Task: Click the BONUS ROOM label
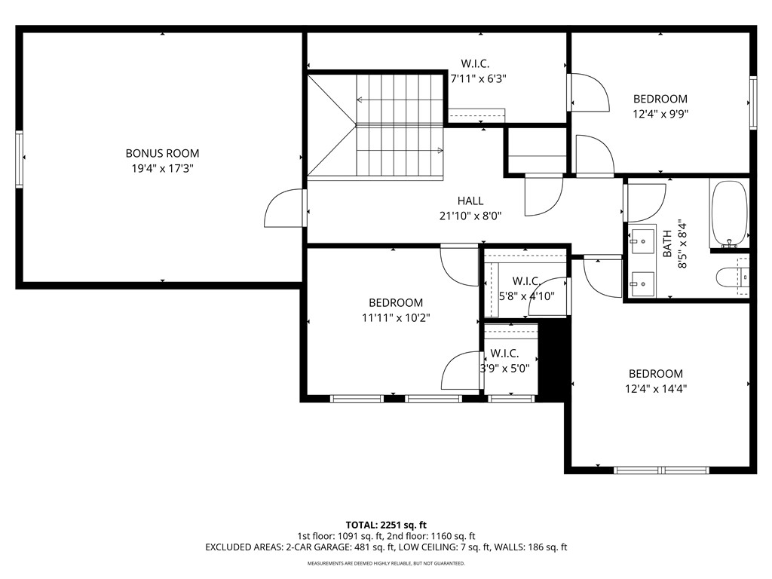coord(162,154)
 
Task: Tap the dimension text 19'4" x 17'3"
coord(162,169)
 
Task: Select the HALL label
coord(470,201)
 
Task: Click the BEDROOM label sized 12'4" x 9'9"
coord(660,99)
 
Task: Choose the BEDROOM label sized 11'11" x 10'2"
coord(392,303)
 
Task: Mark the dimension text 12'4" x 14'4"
coord(656,389)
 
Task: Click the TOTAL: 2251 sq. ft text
coord(386,525)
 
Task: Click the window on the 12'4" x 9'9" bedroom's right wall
coord(752,103)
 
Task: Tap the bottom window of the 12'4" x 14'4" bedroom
coord(661,470)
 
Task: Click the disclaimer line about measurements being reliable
coord(386,563)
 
